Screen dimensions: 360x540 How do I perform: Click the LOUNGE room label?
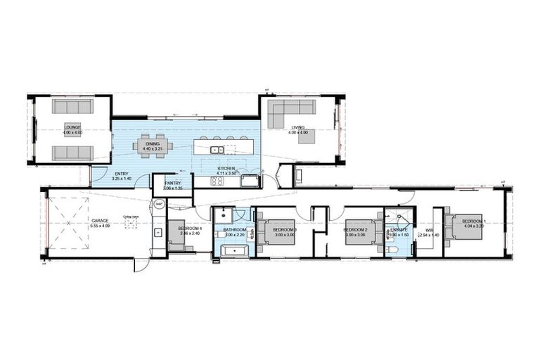point(72,127)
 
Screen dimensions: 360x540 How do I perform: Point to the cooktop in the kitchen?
point(217,181)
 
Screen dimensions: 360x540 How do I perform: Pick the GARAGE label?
point(99,221)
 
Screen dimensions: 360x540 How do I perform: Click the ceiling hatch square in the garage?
point(129,224)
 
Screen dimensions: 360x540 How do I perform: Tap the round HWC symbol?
point(160,205)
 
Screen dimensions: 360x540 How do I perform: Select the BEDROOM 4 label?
point(190,228)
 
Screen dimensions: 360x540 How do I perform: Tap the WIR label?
point(427,229)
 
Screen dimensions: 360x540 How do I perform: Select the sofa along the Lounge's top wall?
point(73,106)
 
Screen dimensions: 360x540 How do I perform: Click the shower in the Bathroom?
point(224,215)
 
